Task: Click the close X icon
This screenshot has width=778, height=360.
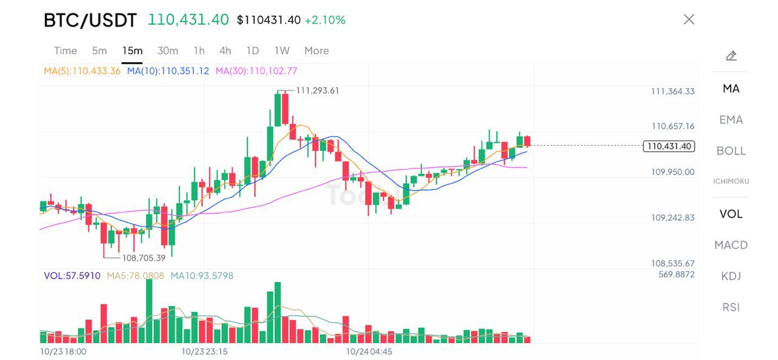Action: coord(689,19)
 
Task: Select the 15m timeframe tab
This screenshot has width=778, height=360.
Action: coord(132,50)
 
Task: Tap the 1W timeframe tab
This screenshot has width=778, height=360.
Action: coord(281,50)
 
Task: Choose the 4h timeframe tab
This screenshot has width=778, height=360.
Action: coord(225,50)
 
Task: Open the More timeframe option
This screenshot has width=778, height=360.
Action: coord(316,50)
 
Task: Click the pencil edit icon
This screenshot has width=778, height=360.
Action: coord(731,57)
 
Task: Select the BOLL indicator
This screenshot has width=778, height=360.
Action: coord(731,151)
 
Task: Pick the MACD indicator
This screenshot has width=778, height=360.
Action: coord(731,245)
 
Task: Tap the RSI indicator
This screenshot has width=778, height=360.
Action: coord(731,307)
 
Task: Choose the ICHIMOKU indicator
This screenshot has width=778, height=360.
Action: coord(731,181)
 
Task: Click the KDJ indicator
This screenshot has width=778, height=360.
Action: coord(731,276)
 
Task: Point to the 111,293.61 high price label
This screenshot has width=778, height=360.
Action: coord(317,91)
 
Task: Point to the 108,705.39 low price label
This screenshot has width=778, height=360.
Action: coord(143,258)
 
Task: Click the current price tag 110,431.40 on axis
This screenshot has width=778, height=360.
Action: coord(669,146)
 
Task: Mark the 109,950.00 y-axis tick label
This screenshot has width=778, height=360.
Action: coord(673,172)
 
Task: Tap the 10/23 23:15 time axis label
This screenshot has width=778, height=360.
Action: coord(204,351)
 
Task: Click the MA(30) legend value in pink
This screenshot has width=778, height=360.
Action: coord(256,71)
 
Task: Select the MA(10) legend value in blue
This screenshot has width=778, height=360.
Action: coord(168,71)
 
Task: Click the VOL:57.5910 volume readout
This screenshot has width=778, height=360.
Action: coord(72,275)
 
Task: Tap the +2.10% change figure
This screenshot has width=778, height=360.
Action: coord(325,20)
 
